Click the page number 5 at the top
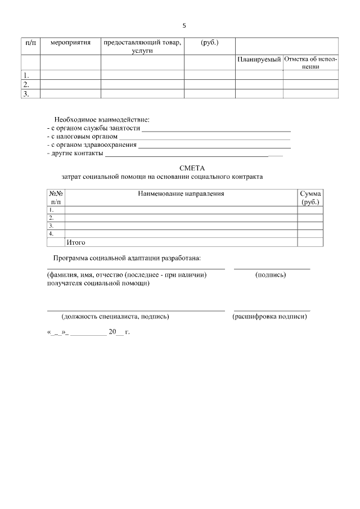[x=184, y=25]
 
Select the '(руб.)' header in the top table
[x=209, y=43]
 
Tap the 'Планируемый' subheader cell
[x=259, y=60]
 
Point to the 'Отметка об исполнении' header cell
[x=310, y=62]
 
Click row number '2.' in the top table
[x=25, y=84]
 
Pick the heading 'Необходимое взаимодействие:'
[x=102, y=120]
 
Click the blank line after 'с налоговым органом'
[x=205, y=137]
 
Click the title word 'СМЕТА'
[x=192, y=168]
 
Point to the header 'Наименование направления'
[x=181, y=193]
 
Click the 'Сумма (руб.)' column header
[x=310, y=197]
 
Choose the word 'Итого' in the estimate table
[x=75, y=242]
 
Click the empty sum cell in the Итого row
[x=310, y=242]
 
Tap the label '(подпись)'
[x=270, y=275]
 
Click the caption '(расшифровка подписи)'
[x=269, y=317]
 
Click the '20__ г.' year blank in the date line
[x=119, y=332]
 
